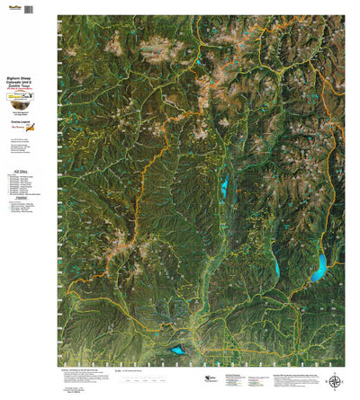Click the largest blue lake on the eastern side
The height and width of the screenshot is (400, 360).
pyautogui.click(x=318, y=267)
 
